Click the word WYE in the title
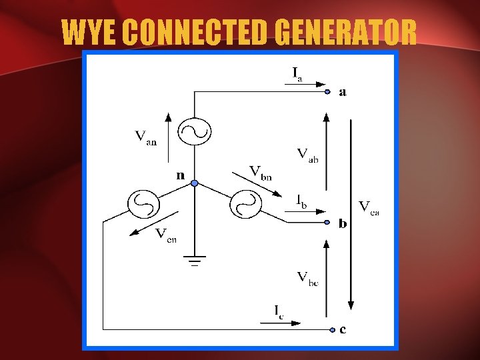(89, 32)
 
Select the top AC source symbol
(194, 131)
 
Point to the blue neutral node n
(194, 183)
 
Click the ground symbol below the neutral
(194, 263)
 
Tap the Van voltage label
(145, 138)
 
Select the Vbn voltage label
(261, 172)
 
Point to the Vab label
(307, 155)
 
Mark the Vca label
(369, 207)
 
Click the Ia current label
(297, 73)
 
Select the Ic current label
(278, 311)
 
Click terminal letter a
(343, 92)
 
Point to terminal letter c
(343, 329)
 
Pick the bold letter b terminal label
(343, 223)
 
